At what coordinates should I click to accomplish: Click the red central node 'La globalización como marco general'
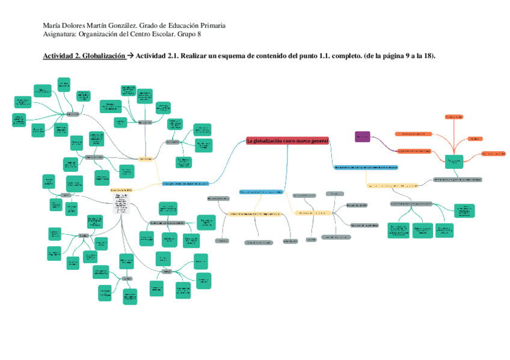point(288,141)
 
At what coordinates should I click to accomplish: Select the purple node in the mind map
point(362,137)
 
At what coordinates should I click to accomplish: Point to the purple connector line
point(382,144)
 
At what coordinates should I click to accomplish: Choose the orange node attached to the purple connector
point(414,151)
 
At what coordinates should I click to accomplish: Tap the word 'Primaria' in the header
point(212,26)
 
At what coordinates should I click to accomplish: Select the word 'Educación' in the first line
point(180,26)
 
